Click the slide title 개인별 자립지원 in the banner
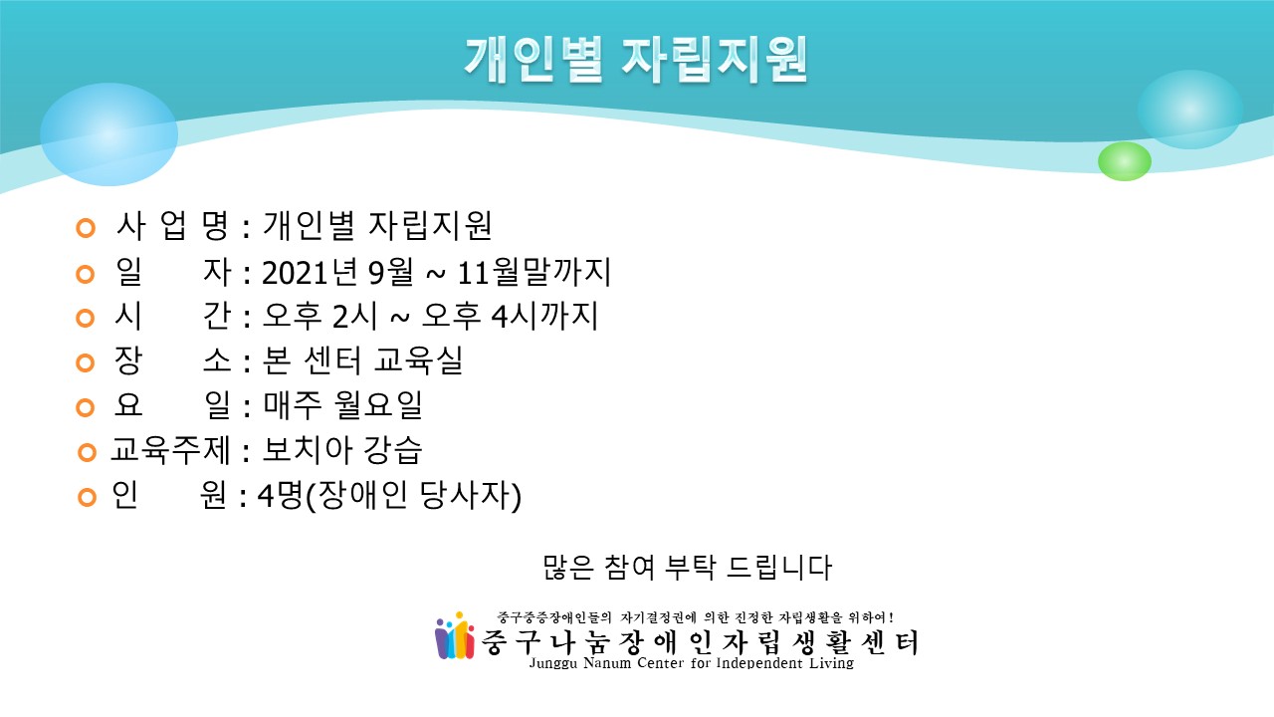pos(636,61)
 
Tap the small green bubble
pos(1125,161)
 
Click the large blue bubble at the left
pos(108,134)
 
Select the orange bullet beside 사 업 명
pos(86,228)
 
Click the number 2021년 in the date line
pos(313,272)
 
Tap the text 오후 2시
pos(319,316)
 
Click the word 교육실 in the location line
pos(418,360)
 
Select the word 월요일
pos(378,405)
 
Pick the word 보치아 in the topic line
pos(308,449)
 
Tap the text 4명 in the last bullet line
pos(280,495)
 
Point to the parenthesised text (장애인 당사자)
pos(413,496)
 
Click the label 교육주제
pos(170,449)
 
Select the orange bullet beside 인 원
pos(87,497)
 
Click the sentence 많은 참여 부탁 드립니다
pos(687,568)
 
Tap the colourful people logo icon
pos(455,636)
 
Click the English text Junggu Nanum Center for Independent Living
pos(692,663)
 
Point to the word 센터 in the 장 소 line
pos(332,360)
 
